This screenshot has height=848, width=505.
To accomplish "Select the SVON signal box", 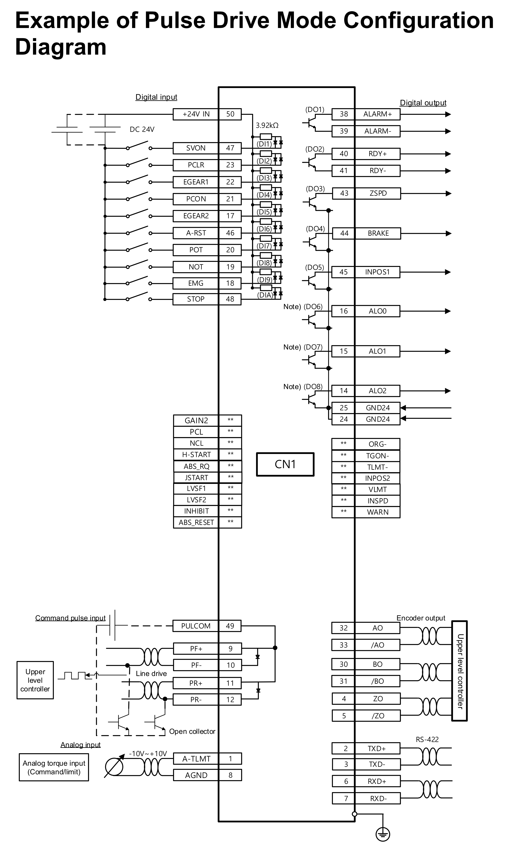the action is [x=196, y=148].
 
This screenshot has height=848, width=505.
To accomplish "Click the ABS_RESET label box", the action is [x=196, y=522].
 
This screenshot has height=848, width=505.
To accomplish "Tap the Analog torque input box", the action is [x=54, y=767].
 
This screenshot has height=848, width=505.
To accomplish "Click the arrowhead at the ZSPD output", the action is [x=448, y=194].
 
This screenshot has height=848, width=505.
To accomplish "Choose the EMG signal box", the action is [x=196, y=283].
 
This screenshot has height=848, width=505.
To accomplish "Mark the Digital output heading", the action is [x=423, y=103].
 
